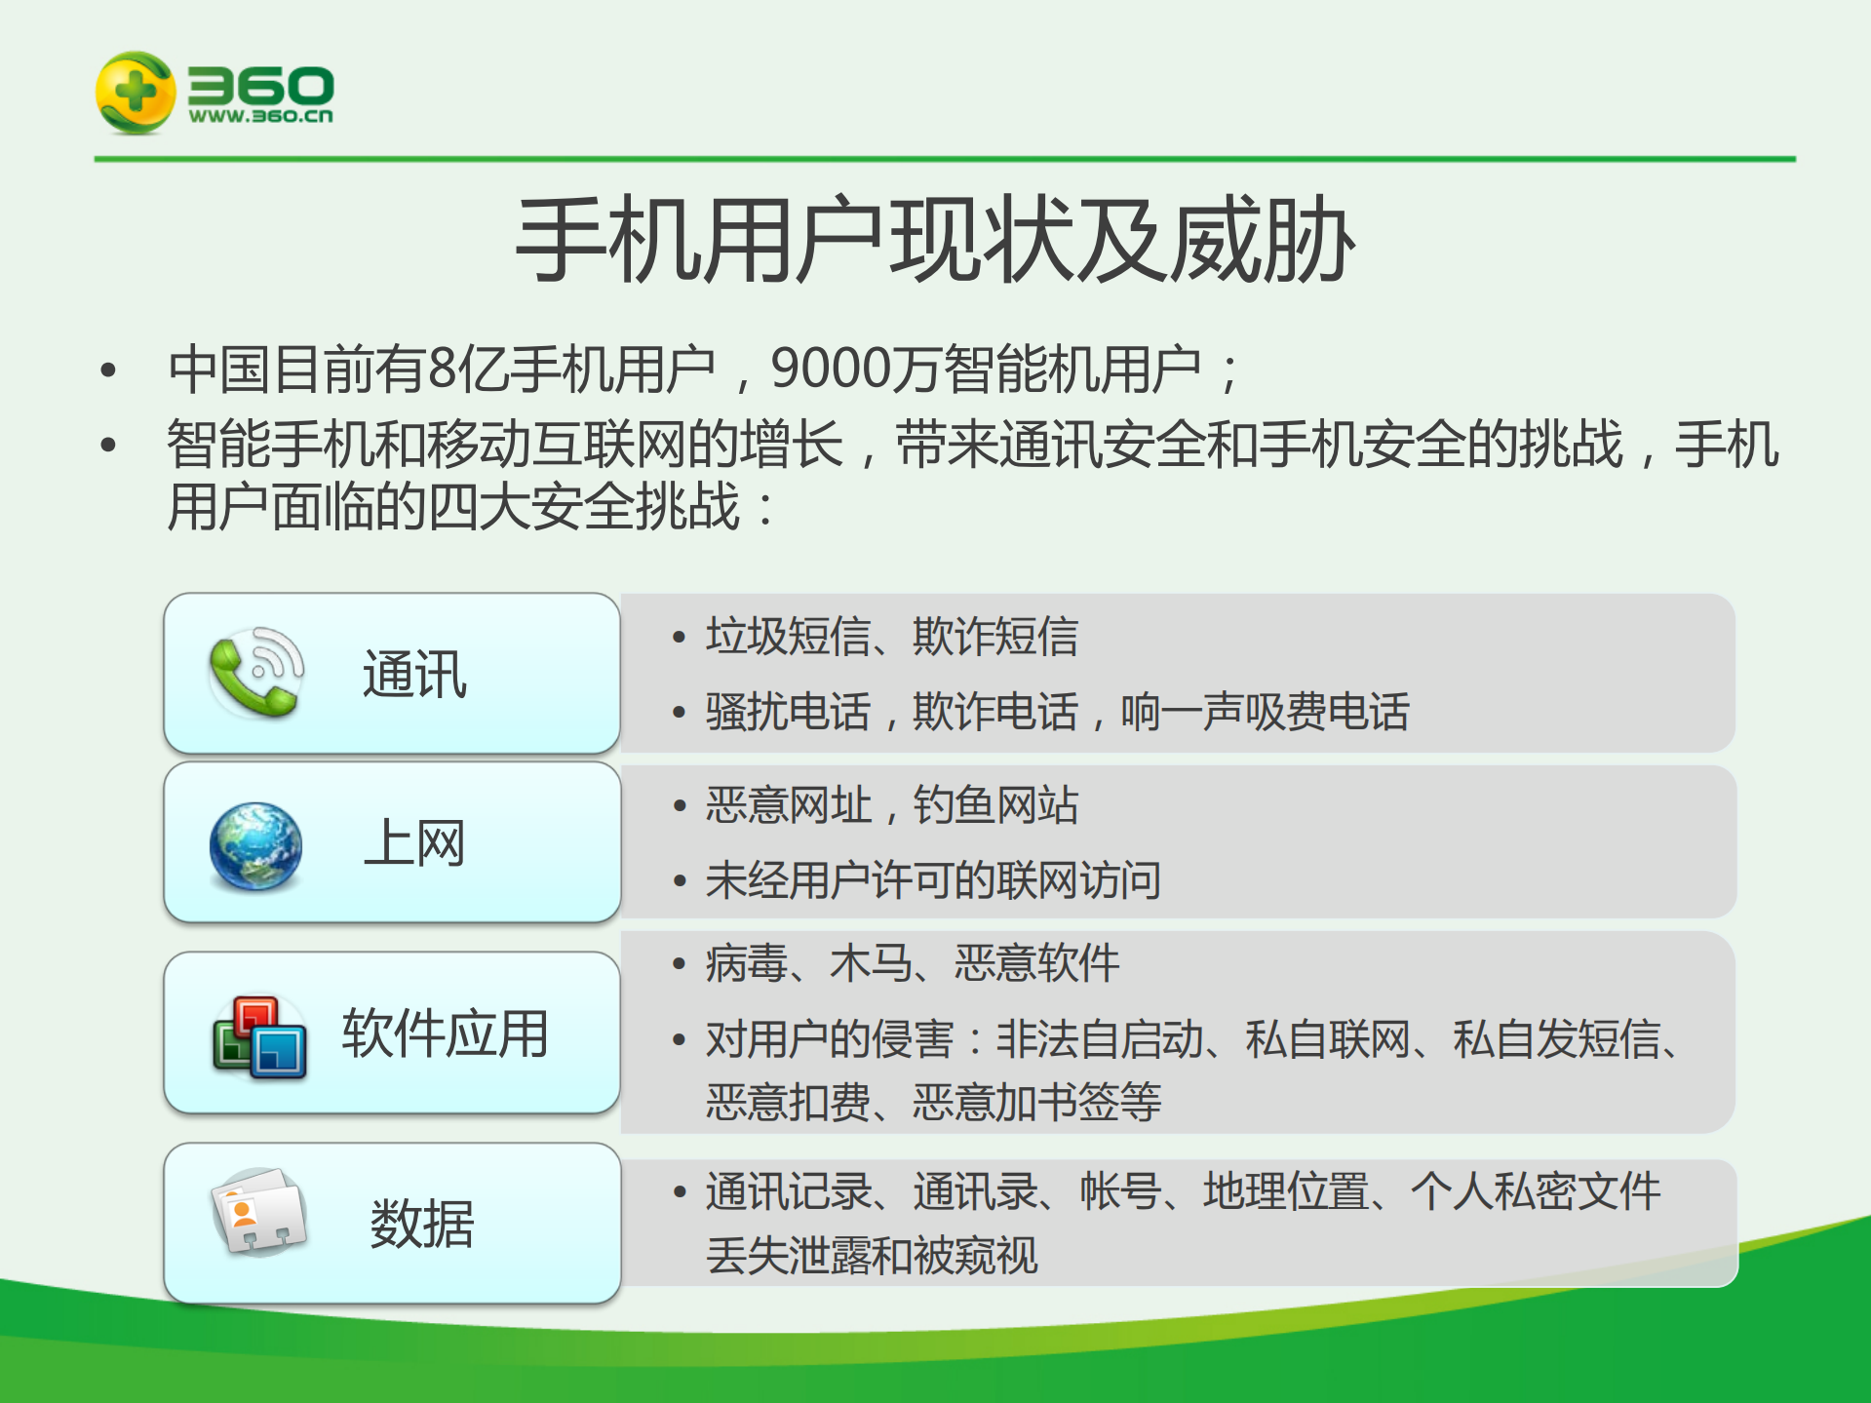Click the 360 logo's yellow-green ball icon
coord(135,93)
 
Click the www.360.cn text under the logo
coord(260,116)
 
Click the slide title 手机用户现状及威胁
coord(934,241)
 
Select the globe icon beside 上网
coord(255,846)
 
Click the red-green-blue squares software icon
coord(259,1037)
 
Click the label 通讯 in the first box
coord(414,675)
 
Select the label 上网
coord(414,843)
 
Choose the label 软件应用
coord(445,1033)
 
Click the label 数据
coord(421,1224)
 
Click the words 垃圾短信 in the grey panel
coord(788,637)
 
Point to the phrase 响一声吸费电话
coord(1265,712)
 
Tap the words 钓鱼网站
coord(994,805)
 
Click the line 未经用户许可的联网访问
coord(933,880)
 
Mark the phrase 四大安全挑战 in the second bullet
coord(583,507)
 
